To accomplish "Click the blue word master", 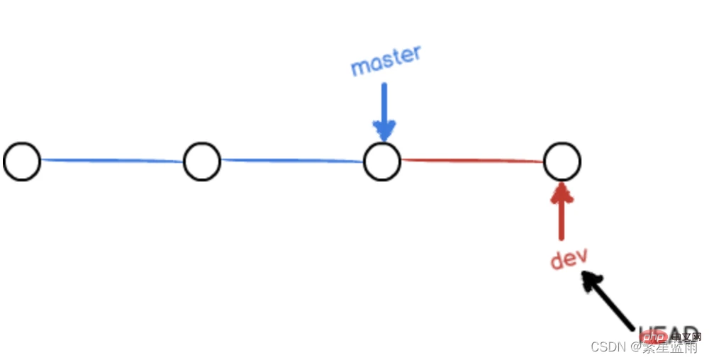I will (x=386, y=61).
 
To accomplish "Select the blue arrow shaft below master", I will (x=384, y=103).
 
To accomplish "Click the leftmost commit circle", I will (x=22, y=161).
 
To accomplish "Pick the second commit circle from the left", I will (x=202, y=161).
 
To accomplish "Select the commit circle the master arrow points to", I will (x=382, y=161).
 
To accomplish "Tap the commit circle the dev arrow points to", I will (x=562, y=161).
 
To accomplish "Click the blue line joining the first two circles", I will (x=112, y=161).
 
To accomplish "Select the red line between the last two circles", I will (x=472, y=161).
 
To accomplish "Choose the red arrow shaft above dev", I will (x=562, y=216).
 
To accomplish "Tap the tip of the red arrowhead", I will (x=562, y=184).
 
